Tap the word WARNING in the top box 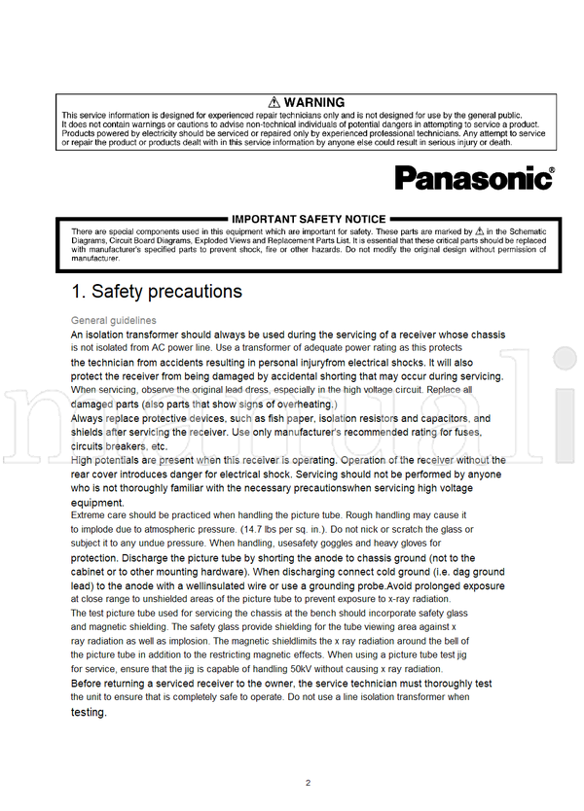coord(314,102)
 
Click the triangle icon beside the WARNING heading coord(275,102)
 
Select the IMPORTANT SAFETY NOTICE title coord(309,219)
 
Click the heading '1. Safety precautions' coord(157,291)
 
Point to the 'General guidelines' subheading coord(113,320)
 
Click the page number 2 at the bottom coord(308,782)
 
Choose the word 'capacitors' coord(441,419)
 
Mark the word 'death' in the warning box coord(496,142)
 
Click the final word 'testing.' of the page coord(89,712)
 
